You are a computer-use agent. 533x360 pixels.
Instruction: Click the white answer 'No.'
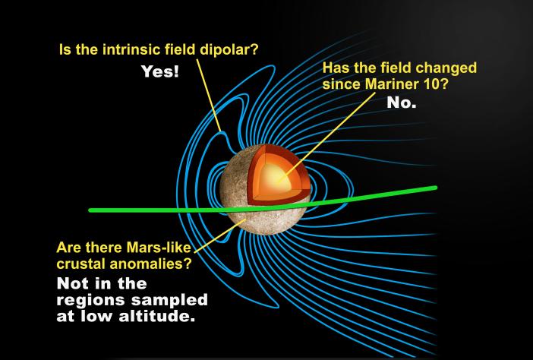pos(402,103)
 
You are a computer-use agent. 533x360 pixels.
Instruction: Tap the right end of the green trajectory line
pos(434,187)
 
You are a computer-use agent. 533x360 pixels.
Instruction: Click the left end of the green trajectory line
pos(92,210)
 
